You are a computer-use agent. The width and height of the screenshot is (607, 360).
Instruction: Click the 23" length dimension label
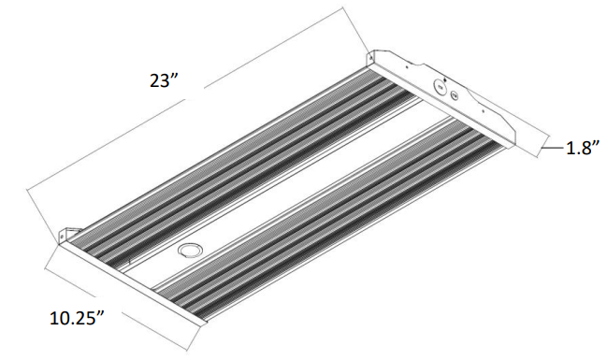[x=164, y=81]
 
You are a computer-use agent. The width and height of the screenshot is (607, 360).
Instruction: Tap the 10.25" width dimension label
[x=78, y=318]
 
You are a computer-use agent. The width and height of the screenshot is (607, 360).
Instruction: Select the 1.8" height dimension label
[x=583, y=148]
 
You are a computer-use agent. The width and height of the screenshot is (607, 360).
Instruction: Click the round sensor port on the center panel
[x=188, y=250]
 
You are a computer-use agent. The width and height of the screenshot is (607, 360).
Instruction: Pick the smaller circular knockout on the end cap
[x=455, y=94]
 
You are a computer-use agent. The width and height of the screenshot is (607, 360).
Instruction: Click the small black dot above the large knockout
[x=445, y=79]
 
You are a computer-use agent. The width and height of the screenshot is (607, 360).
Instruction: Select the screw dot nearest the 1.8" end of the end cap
[x=483, y=111]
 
